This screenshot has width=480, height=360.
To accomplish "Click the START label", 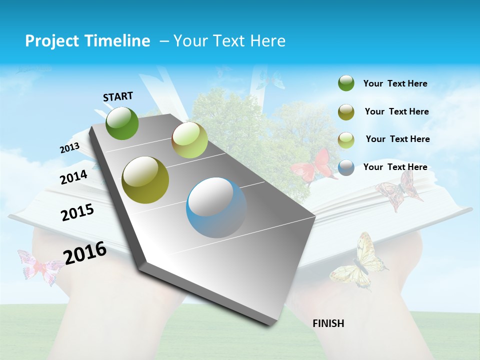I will pos(118,96).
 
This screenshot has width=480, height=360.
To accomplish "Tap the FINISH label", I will pos(328,323).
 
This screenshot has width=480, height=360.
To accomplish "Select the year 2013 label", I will pos(69,148).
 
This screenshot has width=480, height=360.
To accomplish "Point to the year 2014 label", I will pos(73,177).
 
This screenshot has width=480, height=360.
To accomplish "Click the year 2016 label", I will pos(85,252).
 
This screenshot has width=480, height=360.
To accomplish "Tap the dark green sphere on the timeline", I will pos(122,123).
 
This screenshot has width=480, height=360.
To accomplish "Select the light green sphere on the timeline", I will pos(189,140).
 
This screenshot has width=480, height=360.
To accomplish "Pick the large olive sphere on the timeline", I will pos(145,180).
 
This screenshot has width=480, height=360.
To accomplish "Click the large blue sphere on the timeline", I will pos(216,207).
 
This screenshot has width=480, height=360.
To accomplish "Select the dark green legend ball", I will pos(346,83).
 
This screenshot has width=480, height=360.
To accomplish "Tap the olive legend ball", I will pos(346,112).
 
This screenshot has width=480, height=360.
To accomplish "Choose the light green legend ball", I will pos(346,140).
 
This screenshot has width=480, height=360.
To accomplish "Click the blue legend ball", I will pos(346,167).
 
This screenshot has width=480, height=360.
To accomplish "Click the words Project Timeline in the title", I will pos(87,41).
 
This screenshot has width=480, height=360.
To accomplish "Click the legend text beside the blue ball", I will pos(395,167).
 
